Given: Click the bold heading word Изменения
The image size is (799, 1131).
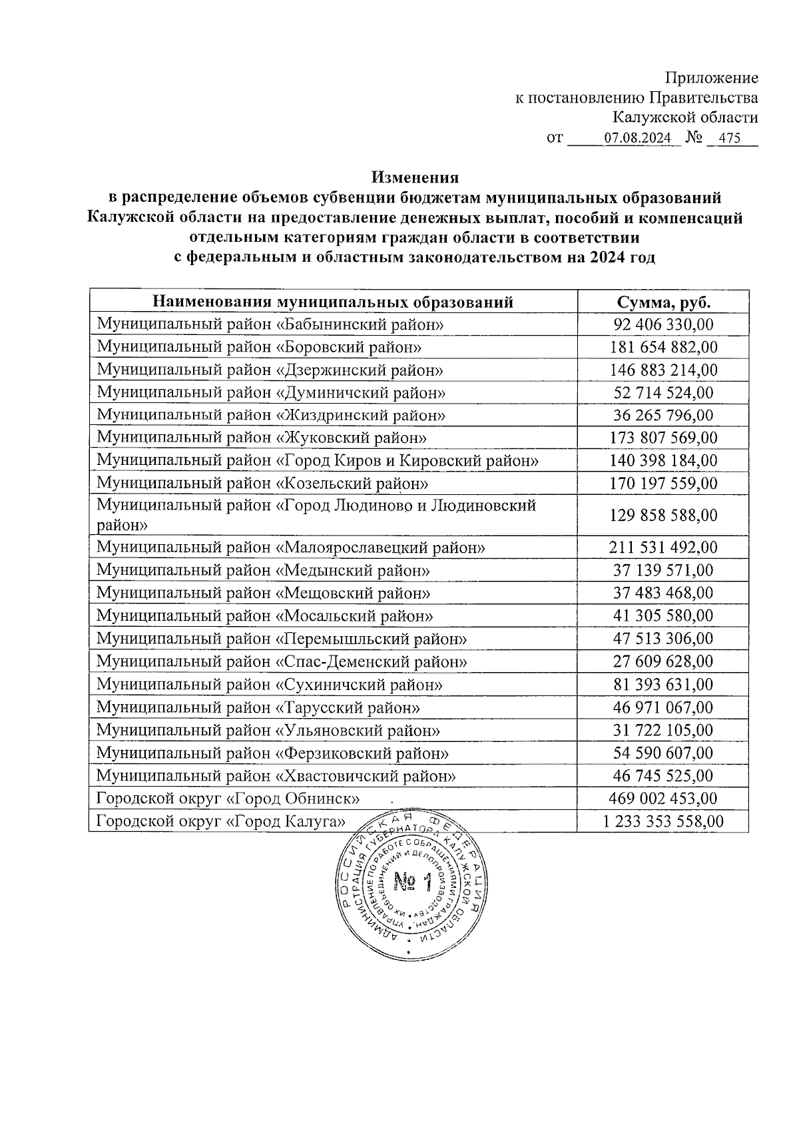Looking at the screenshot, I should (x=415, y=178).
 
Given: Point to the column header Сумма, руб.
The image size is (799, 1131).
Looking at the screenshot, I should (x=663, y=302).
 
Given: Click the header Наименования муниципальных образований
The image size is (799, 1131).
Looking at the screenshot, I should (x=333, y=302).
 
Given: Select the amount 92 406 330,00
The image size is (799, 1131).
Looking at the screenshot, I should (x=663, y=324).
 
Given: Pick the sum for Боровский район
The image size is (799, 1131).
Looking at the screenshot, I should (x=663, y=347).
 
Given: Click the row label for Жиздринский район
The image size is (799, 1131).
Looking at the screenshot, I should (x=271, y=415).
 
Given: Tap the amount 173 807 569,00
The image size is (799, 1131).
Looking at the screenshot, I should (x=663, y=438).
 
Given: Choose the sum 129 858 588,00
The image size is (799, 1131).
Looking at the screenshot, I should (x=663, y=515).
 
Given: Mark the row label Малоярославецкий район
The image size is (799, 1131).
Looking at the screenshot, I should (x=290, y=548).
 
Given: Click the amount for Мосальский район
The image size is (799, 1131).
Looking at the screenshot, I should (x=663, y=615).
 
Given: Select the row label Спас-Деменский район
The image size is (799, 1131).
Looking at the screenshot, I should (x=282, y=661).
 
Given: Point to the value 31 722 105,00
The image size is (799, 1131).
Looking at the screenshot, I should (x=663, y=730).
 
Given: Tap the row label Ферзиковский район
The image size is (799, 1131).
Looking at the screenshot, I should (x=272, y=753).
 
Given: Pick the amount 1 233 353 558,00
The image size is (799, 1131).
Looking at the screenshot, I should (x=663, y=821).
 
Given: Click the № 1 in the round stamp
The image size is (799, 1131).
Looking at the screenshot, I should (x=413, y=883).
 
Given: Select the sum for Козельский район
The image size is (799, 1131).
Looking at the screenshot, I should (x=663, y=483).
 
